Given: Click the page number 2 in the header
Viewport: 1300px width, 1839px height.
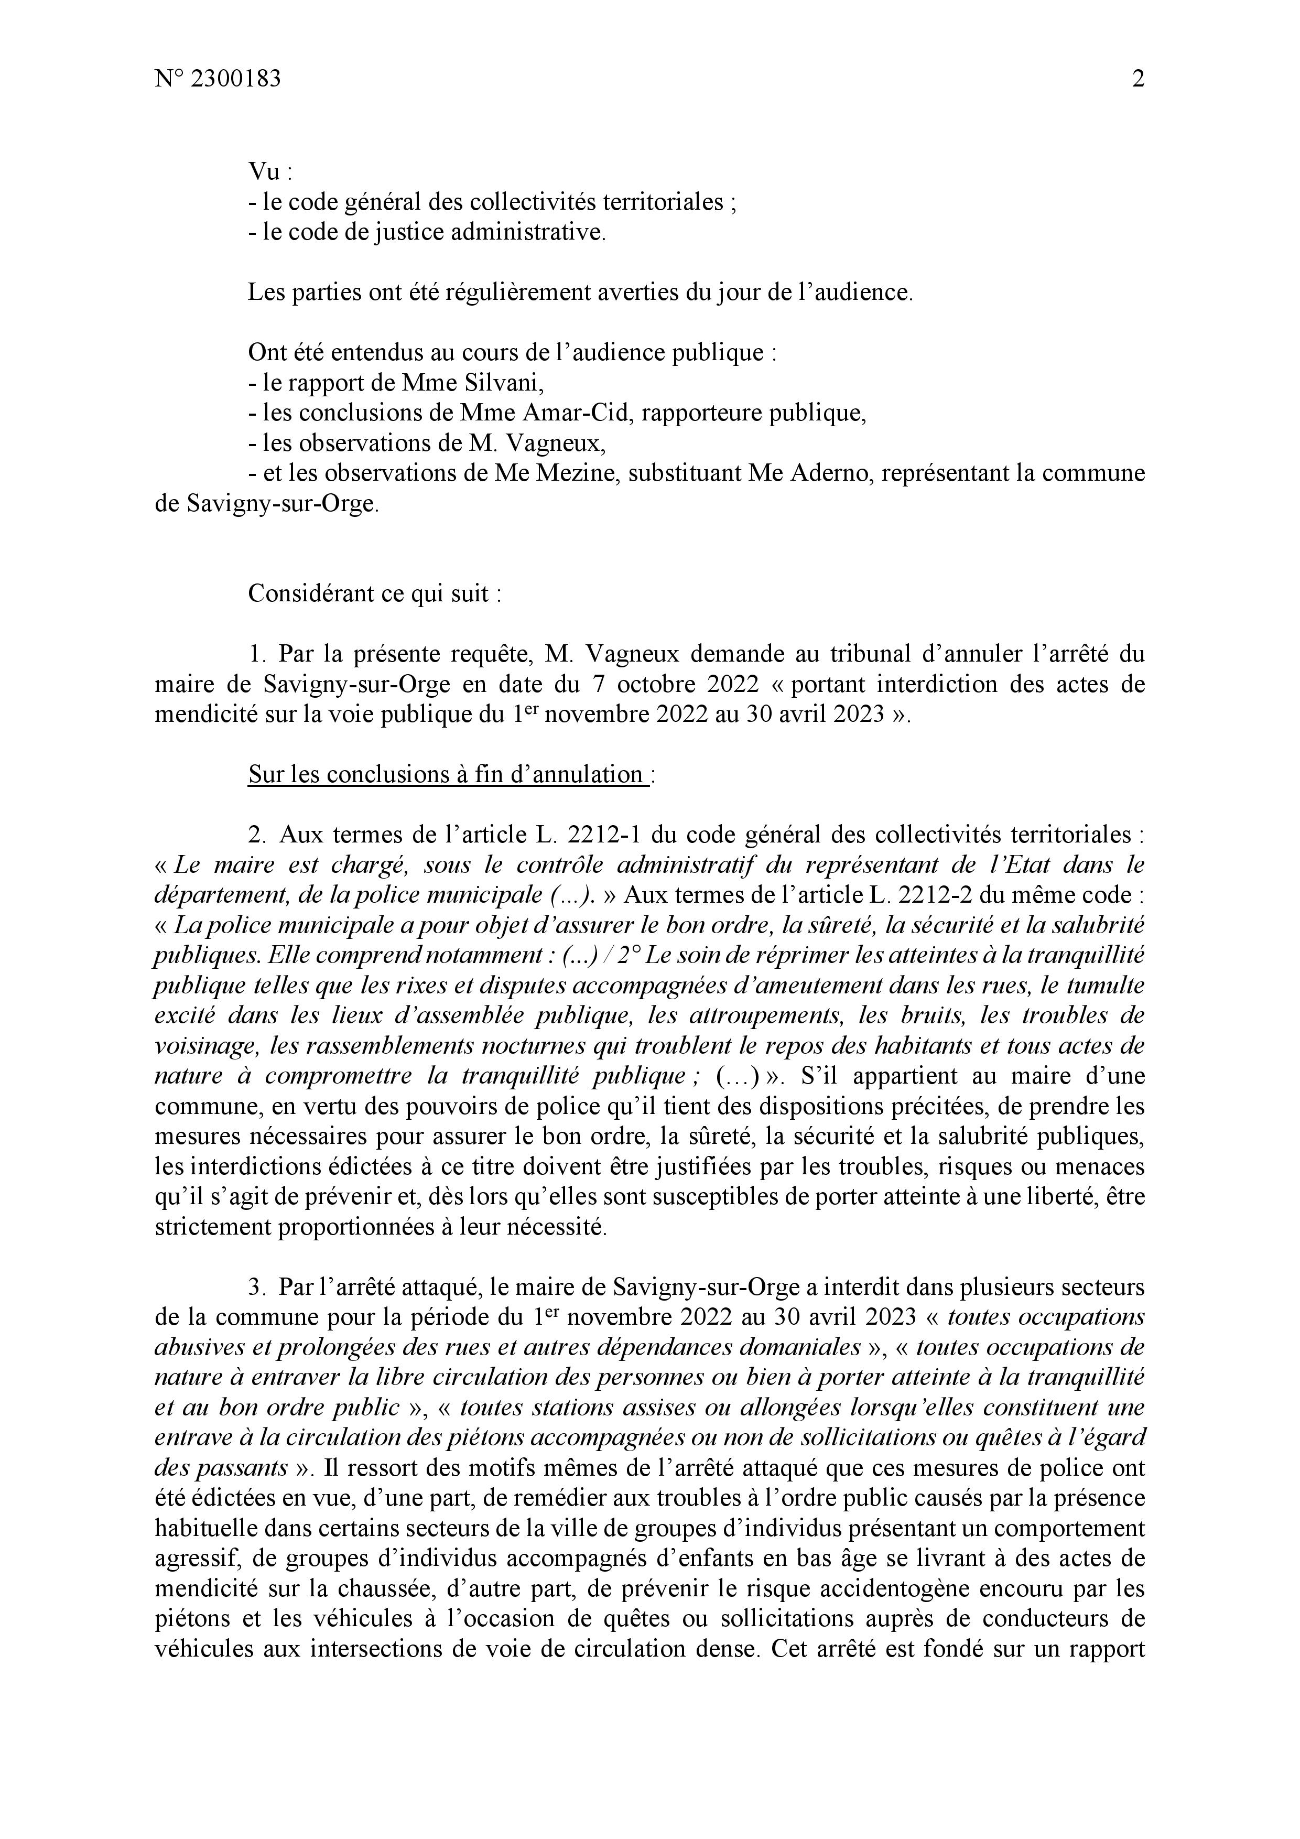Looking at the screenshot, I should pyautogui.click(x=1137, y=79).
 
